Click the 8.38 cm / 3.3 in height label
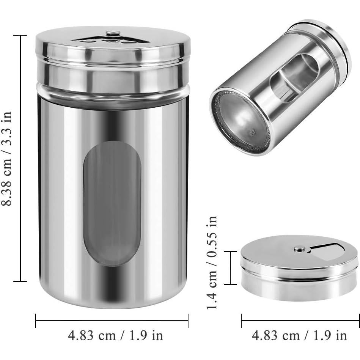click(x=6, y=159)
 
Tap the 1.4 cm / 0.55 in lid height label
click(x=212, y=263)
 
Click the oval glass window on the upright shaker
click(x=112, y=203)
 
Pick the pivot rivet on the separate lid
click(x=299, y=248)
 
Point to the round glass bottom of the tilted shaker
click(x=240, y=122)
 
